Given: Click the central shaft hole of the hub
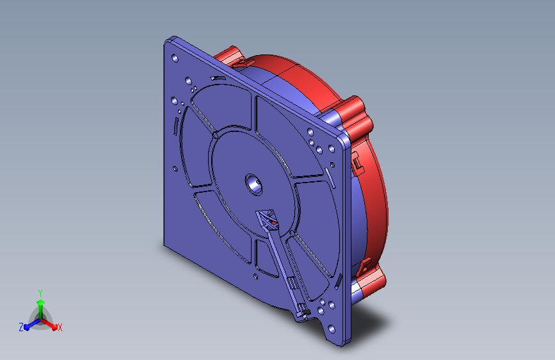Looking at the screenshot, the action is [x=254, y=184].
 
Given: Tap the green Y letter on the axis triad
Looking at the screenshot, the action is [x=40, y=293].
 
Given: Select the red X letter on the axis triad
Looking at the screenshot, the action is [x=60, y=327].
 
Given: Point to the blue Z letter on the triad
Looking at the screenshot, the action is [x=21, y=327].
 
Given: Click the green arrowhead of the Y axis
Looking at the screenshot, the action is [x=40, y=302].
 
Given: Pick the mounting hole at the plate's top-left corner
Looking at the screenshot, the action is [x=175, y=58].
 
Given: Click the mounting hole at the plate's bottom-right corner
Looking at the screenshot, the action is [x=332, y=329].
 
